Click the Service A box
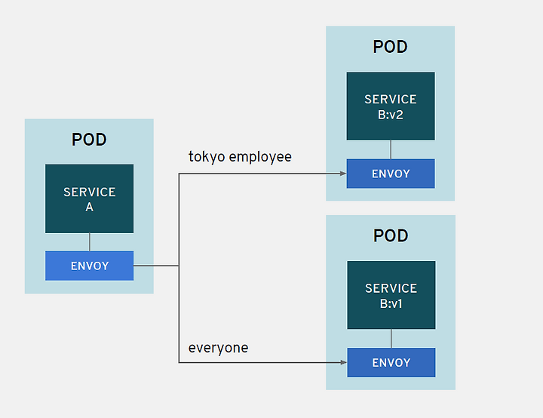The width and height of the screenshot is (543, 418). point(89,198)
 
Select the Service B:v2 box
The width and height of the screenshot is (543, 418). point(391,106)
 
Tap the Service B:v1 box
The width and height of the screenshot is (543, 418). point(391,295)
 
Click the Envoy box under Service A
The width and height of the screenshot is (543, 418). point(89,266)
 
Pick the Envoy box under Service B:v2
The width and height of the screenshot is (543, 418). point(391,174)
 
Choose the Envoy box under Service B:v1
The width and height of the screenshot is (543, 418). point(391,363)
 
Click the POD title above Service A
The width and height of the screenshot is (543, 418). point(89,140)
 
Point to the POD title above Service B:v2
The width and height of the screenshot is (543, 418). point(391,47)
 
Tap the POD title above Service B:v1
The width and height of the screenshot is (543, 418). point(391,235)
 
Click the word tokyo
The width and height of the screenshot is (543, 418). point(207,157)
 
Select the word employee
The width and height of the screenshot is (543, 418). point(260,157)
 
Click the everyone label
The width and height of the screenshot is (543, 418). point(218,348)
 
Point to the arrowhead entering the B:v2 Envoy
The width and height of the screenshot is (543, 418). point(344,174)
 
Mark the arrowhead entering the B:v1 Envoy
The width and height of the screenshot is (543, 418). point(344,363)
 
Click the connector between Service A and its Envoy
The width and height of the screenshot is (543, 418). point(90,242)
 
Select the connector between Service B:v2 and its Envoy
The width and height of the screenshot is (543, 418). point(391,149)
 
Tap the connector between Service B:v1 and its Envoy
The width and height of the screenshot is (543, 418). point(391,339)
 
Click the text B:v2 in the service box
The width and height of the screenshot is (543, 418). point(391,115)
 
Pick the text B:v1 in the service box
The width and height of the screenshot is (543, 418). point(391,304)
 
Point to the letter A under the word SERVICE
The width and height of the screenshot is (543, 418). point(89,207)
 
